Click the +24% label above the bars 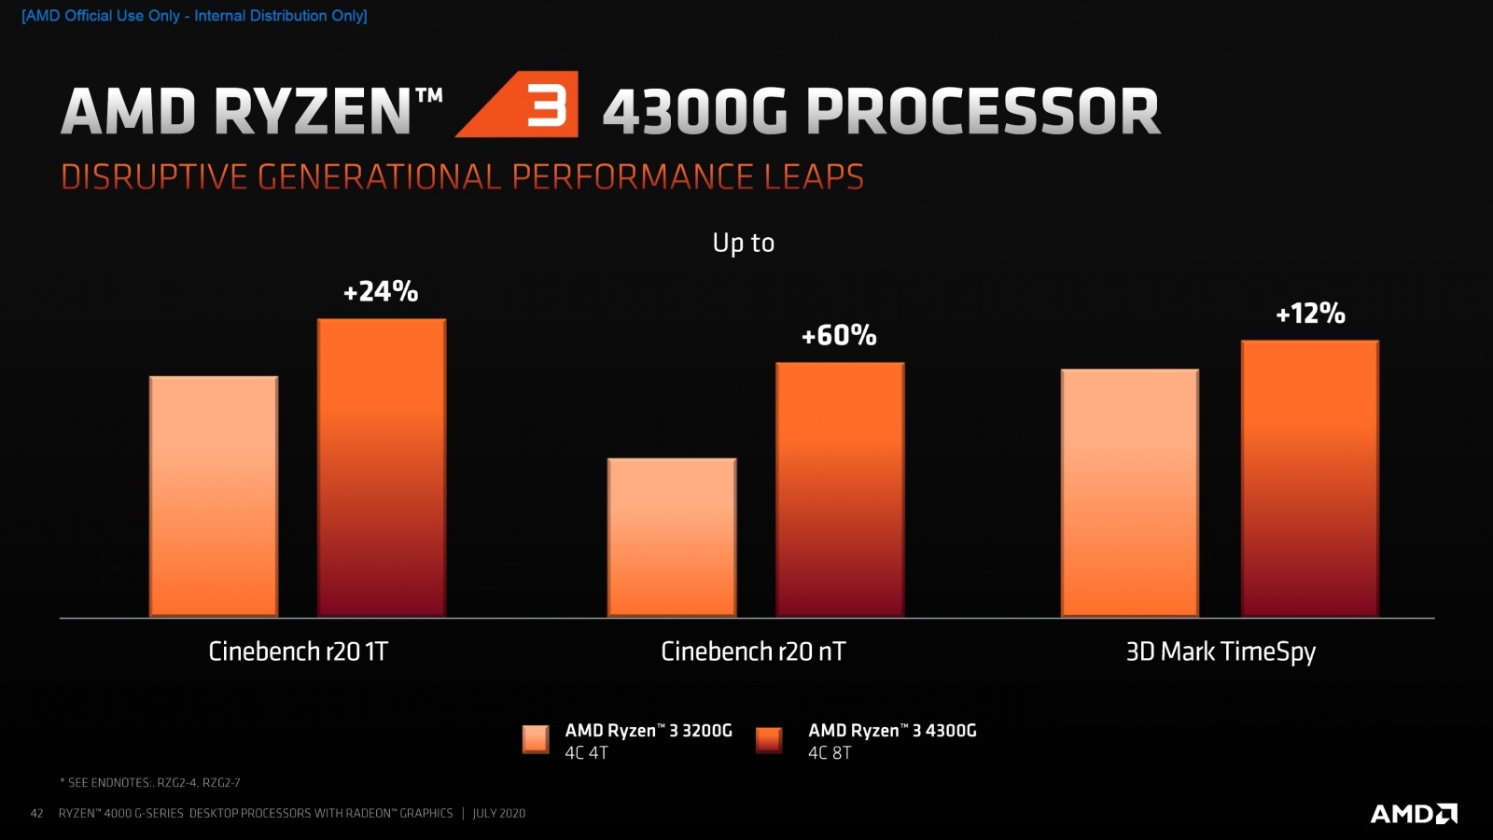click(381, 292)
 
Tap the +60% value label click(839, 336)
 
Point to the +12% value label click(1310, 314)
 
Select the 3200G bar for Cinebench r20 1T click(214, 497)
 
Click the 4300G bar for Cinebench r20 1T click(382, 468)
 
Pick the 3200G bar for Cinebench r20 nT click(672, 538)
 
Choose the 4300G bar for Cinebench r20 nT click(840, 489)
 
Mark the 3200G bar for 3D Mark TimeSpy click(1129, 493)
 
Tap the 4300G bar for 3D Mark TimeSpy click(1309, 478)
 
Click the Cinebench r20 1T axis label click(298, 651)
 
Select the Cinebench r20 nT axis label click(753, 651)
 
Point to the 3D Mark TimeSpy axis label click(1221, 651)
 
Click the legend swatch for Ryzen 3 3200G click(536, 739)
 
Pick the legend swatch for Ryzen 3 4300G click(769, 740)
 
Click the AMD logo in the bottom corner click(1413, 814)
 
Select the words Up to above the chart click(744, 243)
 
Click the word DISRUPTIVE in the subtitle click(154, 177)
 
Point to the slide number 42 click(37, 814)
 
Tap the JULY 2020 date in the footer click(499, 814)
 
